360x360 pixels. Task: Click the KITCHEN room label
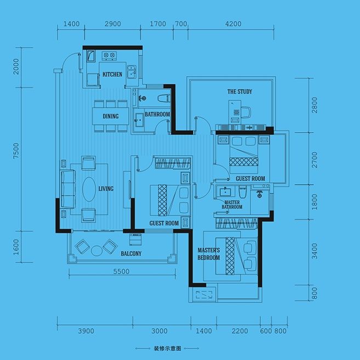(x=112, y=75)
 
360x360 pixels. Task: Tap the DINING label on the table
(x=111, y=116)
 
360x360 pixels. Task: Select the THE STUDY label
(x=239, y=92)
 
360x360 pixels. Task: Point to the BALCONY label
(x=131, y=254)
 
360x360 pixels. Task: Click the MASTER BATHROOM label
(x=232, y=204)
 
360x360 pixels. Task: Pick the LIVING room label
(x=106, y=188)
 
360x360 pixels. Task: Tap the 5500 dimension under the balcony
(x=122, y=271)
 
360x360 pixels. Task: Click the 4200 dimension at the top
(x=233, y=24)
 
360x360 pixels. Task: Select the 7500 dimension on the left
(x=16, y=151)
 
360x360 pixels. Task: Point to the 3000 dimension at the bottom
(x=159, y=331)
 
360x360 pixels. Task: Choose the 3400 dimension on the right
(x=315, y=251)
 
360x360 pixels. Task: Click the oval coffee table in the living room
(x=89, y=189)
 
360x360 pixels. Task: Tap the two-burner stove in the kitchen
(x=109, y=56)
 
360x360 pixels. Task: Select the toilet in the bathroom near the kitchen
(x=164, y=98)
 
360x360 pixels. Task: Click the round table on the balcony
(x=96, y=250)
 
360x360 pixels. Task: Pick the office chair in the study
(x=246, y=112)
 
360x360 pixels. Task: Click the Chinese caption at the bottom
(x=167, y=348)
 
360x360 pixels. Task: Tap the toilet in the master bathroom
(x=242, y=192)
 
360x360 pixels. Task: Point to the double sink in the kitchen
(x=132, y=72)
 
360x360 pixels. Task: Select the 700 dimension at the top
(x=181, y=24)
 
